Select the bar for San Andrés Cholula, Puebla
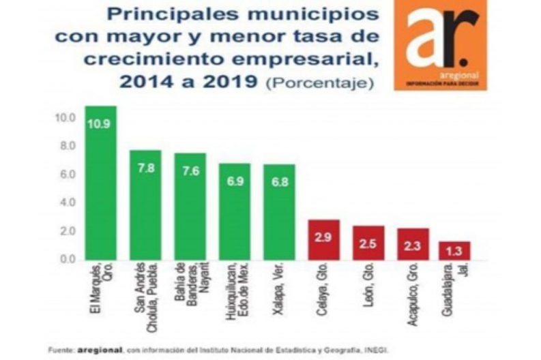[145, 205]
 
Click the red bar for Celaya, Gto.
[323, 240]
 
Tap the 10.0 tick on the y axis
[65, 117]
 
